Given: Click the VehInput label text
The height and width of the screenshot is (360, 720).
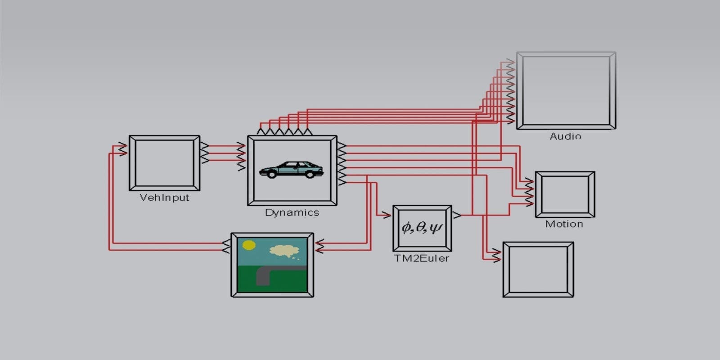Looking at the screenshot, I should [x=164, y=198].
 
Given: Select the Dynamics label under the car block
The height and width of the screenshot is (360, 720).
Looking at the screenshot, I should [x=292, y=212].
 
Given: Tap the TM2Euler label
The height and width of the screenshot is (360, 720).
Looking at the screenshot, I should [x=421, y=258].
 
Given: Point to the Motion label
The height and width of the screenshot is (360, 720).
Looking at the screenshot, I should [x=564, y=224].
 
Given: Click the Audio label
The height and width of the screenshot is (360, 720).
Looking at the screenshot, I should [x=565, y=136].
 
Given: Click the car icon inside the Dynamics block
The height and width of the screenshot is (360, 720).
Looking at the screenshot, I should [x=292, y=169].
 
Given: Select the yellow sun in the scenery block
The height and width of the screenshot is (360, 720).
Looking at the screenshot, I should [x=249, y=245].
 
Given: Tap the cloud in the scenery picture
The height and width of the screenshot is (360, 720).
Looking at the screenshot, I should [x=283, y=250].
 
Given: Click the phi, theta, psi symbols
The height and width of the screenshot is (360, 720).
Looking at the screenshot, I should [x=422, y=228].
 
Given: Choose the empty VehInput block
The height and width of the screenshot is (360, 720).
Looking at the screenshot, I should [x=164, y=163].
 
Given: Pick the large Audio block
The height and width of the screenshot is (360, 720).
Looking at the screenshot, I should [x=566, y=90].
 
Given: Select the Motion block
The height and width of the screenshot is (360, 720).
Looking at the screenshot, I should [x=565, y=194].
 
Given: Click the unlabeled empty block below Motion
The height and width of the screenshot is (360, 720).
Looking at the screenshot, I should [x=538, y=270].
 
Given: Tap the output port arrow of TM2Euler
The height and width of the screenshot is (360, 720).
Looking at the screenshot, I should [x=456, y=215].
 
